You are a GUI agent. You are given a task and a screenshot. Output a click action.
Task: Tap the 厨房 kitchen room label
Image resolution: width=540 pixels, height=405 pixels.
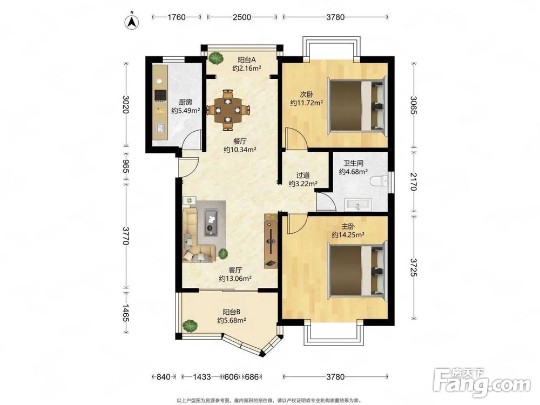(185, 102)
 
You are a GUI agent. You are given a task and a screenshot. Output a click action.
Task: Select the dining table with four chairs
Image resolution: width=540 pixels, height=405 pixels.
(228, 110)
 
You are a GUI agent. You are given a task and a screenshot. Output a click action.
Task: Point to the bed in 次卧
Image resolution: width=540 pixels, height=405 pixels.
(356, 105)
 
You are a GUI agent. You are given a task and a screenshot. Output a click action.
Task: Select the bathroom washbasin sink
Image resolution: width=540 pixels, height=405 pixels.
(358, 204)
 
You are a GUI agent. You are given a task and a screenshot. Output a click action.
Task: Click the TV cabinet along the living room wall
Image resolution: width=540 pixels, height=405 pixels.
(271, 241)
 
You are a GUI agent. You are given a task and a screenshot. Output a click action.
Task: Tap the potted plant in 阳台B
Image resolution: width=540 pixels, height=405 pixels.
(190, 325)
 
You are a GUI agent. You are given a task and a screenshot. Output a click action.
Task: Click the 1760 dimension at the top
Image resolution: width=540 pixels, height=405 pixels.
(177, 17)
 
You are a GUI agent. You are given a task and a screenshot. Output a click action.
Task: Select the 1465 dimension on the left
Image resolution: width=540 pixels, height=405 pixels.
(126, 313)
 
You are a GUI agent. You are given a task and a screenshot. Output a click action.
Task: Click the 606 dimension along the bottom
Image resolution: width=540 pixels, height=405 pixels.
(231, 377)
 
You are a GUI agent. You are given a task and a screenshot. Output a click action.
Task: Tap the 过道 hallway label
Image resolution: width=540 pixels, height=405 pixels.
(303, 175)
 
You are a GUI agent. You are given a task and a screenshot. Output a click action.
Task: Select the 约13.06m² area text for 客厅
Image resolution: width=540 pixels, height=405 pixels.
(235, 278)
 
